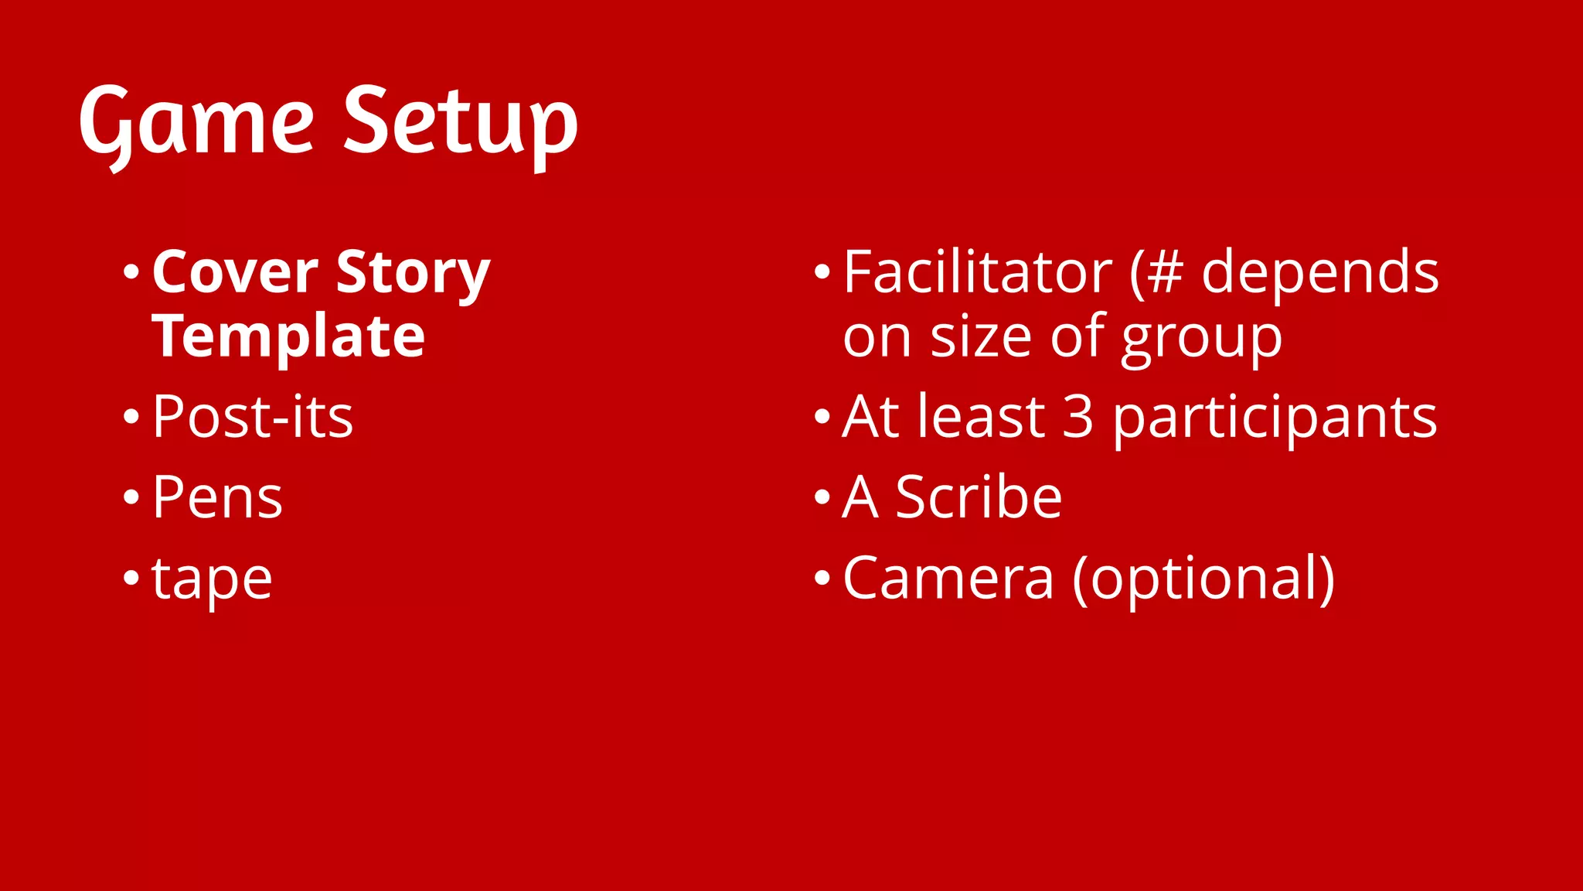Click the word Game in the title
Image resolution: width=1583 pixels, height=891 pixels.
(196, 124)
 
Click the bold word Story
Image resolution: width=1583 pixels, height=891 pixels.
(414, 274)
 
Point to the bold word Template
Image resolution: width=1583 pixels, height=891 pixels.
(288, 337)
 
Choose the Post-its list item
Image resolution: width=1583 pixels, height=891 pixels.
(253, 417)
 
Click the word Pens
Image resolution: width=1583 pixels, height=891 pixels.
(217, 497)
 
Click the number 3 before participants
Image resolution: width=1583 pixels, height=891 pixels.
(1078, 417)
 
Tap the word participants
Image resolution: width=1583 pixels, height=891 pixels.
(1275, 418)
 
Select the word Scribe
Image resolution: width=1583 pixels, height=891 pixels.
(979, 497)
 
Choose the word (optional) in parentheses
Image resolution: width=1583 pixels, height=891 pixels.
(1203, 579)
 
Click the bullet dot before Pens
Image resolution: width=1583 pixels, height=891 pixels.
(131, 497)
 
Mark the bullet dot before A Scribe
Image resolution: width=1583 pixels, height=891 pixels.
(822, 497)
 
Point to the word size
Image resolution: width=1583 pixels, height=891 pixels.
(980, 337)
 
